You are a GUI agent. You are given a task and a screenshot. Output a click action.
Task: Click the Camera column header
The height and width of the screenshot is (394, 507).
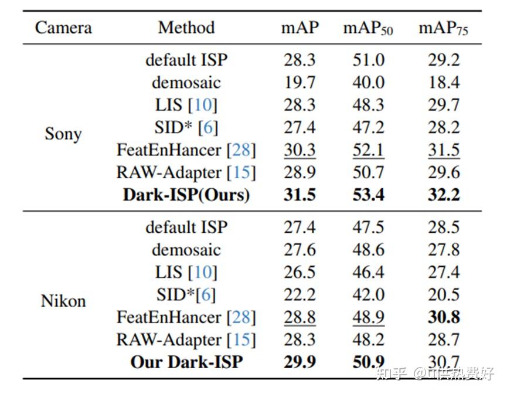point(63,28)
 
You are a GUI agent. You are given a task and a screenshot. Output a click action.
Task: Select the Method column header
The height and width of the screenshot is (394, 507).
point(186,28)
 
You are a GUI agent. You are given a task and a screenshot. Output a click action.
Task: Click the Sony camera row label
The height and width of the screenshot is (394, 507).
point(63,134)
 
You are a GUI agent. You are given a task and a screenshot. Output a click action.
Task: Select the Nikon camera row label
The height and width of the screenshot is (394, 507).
point(63,301)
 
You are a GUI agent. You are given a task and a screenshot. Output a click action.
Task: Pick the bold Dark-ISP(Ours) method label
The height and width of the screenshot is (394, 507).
point(186,195)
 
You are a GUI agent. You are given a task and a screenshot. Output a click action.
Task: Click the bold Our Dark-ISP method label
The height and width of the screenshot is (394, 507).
point(186,362)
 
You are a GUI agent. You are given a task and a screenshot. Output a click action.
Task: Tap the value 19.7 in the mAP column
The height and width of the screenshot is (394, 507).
point(300,83)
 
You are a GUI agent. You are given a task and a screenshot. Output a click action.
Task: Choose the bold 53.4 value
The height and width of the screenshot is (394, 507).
point(368,195)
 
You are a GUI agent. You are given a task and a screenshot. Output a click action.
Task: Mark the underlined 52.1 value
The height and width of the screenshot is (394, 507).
point(368,150)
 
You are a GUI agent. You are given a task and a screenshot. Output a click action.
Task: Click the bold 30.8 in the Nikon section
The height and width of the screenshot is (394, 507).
point(444,317)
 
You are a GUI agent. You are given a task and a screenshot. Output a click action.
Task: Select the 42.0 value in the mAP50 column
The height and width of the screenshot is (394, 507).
point(368,294)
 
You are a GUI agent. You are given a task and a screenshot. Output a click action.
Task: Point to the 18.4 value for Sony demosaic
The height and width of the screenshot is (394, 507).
point(444,83)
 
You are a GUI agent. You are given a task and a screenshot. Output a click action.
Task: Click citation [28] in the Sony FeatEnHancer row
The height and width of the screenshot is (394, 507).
point(241,150)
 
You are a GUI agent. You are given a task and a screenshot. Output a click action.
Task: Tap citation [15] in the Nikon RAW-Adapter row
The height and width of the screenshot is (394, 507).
point(241,339)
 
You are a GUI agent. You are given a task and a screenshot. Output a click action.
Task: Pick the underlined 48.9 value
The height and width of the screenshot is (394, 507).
point(368,317)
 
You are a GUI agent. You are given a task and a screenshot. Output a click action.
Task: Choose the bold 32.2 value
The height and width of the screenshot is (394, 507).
point(444,195)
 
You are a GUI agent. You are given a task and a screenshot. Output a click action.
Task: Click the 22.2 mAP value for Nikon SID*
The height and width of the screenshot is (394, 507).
point(300,294)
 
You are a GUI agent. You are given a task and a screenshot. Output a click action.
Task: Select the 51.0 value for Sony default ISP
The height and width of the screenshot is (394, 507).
point(368,60)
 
